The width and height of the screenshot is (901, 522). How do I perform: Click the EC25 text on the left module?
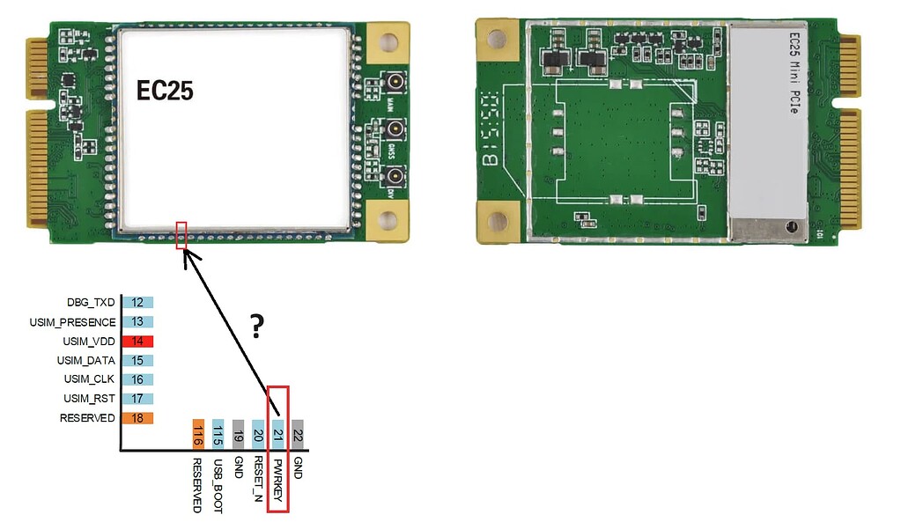(164, 91)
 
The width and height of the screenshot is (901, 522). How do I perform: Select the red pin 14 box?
(138, 341)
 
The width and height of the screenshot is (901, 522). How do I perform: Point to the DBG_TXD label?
(92, 303)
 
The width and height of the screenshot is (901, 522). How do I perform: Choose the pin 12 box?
(138, 303)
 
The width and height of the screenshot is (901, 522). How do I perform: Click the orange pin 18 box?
(138, 418)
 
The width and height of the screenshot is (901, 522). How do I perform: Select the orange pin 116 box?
(198, 433)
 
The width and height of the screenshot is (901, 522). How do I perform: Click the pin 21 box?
(277, 433)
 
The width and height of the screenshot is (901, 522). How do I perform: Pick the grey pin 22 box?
(298, 433)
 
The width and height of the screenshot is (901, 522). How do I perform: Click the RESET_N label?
(258, 479)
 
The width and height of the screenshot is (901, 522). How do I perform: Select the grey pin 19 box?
(238, 433)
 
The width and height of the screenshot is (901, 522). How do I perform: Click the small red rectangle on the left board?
(181, 235)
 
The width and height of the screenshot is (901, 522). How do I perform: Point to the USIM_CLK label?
(88, 379)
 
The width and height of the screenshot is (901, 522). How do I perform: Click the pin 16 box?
(138, 379)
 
